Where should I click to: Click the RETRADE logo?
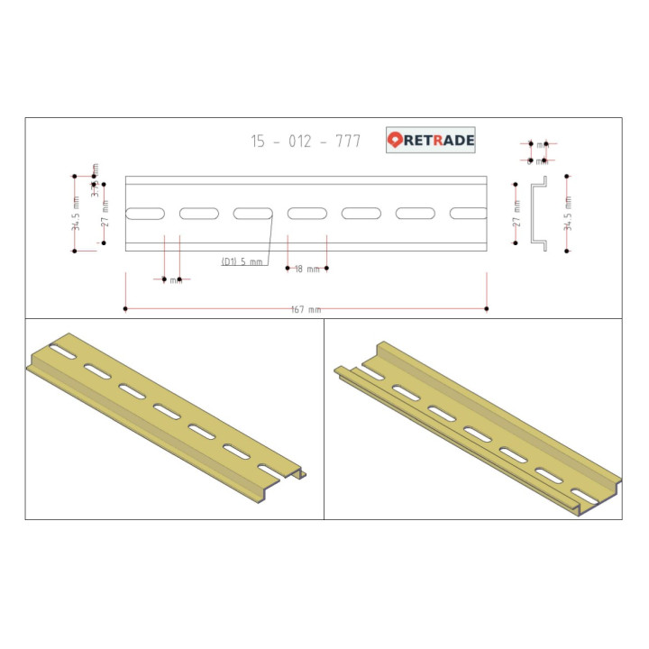[431, 140]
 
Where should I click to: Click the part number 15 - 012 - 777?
[306, 142]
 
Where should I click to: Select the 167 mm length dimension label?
[306, 309]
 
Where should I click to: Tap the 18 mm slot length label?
[307, 269]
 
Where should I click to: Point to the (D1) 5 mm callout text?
[242, 261]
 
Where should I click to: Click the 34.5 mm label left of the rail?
[77, 213]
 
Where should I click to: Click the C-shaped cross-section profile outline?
[538, 213]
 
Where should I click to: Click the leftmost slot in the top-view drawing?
[145, 214]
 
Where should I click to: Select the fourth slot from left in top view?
[307, 214]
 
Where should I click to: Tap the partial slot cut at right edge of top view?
[470, 214]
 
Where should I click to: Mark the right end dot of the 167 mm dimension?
[488, 309]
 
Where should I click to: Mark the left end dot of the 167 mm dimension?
[125, 309]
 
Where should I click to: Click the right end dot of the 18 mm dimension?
[326, 268]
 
